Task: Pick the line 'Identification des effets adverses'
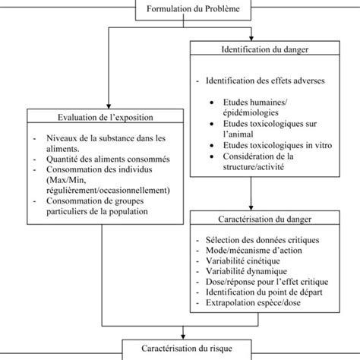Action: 261,81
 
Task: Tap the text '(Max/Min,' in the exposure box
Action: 67,179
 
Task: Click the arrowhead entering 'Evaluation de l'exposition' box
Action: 109,106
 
